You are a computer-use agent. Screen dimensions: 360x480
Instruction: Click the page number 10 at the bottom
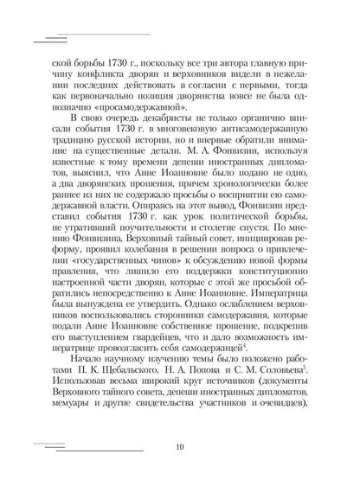179,447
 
